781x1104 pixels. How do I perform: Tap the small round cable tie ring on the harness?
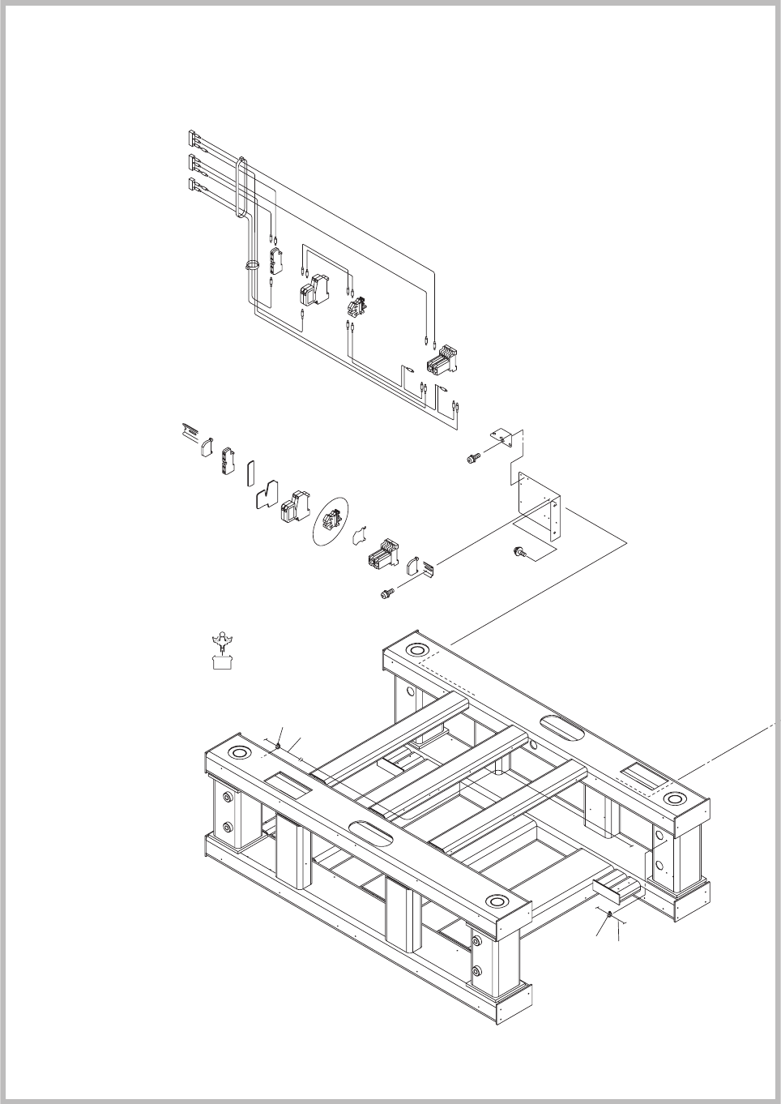[251, 265]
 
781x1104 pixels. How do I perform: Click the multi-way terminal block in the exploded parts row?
[383, 555]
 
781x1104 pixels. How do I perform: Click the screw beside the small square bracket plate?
[472, 459]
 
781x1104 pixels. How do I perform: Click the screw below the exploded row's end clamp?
[386, 594]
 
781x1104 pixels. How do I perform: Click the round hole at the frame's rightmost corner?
[673, 800]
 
